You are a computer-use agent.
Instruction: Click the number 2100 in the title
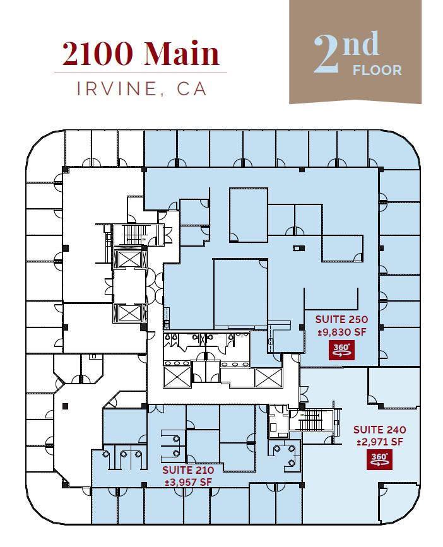tap(99, 54)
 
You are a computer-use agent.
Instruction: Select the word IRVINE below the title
tap(115, 89)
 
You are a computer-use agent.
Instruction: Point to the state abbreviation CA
tap(192, 89)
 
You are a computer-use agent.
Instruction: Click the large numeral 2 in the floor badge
tap(331, 56)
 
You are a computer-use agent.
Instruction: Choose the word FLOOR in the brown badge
tap(377, 70)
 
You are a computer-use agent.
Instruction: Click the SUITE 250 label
tap(341, 319)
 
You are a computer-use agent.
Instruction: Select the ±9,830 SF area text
tap(341, 332)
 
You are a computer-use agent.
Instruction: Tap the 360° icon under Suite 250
tap(341, 350)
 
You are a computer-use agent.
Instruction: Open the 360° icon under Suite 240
tap(379, 460)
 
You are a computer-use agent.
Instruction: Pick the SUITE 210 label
tap(188, 470)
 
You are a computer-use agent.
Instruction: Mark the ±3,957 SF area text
tap(188, 483)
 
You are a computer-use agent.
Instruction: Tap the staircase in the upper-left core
tap(133, 235)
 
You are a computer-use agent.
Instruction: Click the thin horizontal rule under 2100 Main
tap(140, 73)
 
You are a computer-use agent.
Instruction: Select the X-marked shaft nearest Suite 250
tap(268, 378)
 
